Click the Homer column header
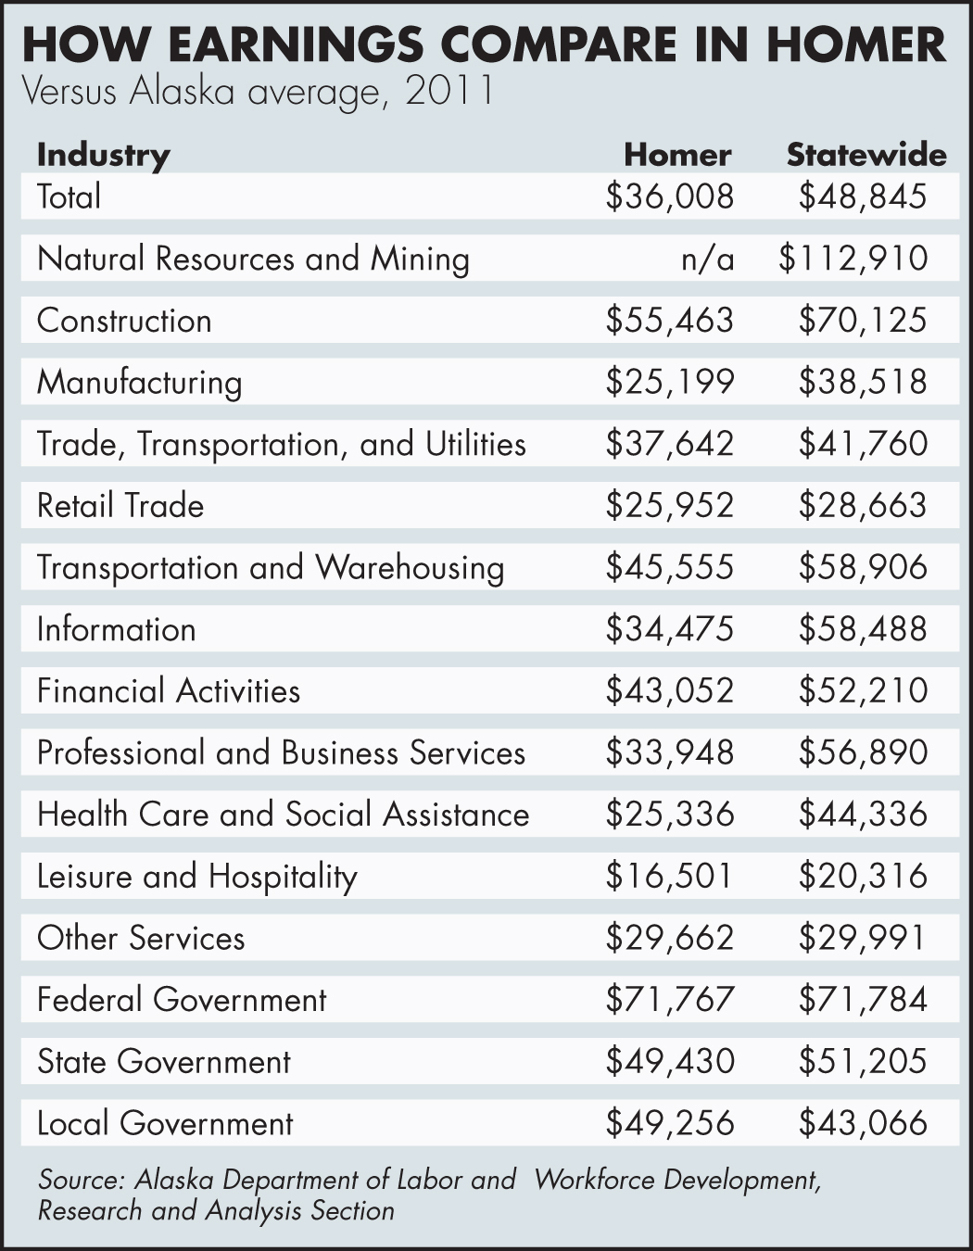(676, 154)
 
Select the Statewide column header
(866, 154)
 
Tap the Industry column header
(104, 154)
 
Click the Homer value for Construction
(669, 320)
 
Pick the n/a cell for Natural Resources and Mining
(707, 259)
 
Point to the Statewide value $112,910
(853, 259)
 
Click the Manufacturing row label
(139, 382)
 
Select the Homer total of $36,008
(669, 196)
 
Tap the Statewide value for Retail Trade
(862, 505)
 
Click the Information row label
(116, 629)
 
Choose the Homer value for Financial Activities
(669, 690)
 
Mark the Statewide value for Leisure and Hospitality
(862, 876)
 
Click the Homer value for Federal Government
(669, 999)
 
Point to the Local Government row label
(165, 1123)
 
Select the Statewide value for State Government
(862, 1061)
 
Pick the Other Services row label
(141, 938)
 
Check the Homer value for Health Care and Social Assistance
(669, 814)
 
